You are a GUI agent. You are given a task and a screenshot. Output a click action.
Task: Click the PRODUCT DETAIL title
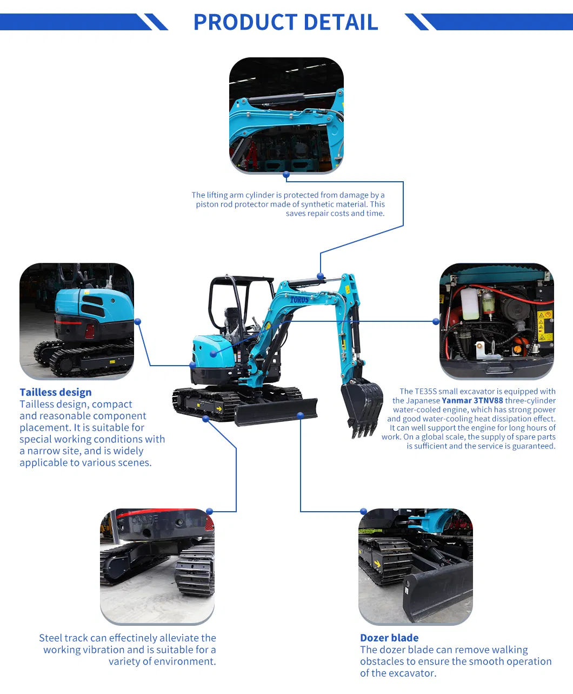285,22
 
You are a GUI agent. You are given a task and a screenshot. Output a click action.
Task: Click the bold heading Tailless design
56,392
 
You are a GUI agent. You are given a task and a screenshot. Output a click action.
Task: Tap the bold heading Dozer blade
389,638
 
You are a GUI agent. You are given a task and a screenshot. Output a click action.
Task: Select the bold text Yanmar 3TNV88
472,401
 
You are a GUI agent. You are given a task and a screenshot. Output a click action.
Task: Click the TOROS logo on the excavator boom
299,299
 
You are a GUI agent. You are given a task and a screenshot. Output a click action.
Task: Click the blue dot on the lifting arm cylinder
321,276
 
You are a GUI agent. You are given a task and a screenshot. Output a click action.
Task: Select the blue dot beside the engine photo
436,321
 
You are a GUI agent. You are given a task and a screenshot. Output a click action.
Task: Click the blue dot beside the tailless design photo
138,321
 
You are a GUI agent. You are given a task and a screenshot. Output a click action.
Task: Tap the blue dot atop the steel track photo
210,511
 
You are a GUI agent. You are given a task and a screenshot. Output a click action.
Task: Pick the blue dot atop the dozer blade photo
363,511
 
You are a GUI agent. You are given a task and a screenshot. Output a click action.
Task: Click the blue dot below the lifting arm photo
286,175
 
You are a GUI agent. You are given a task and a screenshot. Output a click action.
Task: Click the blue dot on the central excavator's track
205,419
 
